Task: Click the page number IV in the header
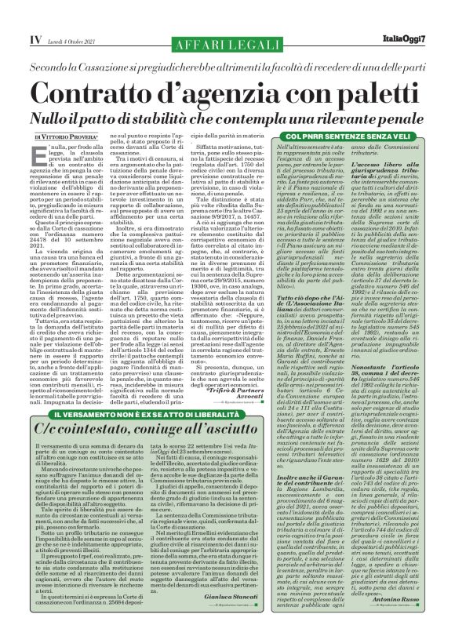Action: pyautogui.click(x=14, y=15)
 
